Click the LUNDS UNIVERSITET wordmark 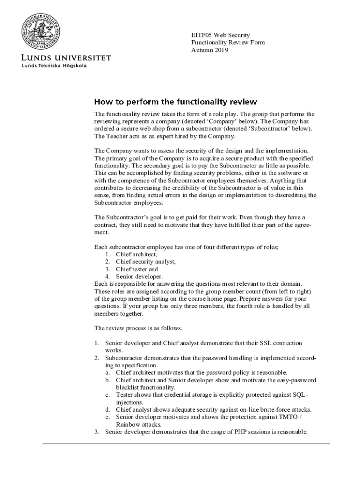(x=66, y=58)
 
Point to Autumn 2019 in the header (x=210, y=50)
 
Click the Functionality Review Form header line (x=228, y=43)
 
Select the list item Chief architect (x=137, y=254)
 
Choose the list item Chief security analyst (x=145, y=261)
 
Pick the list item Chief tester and (x=137, y=269)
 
